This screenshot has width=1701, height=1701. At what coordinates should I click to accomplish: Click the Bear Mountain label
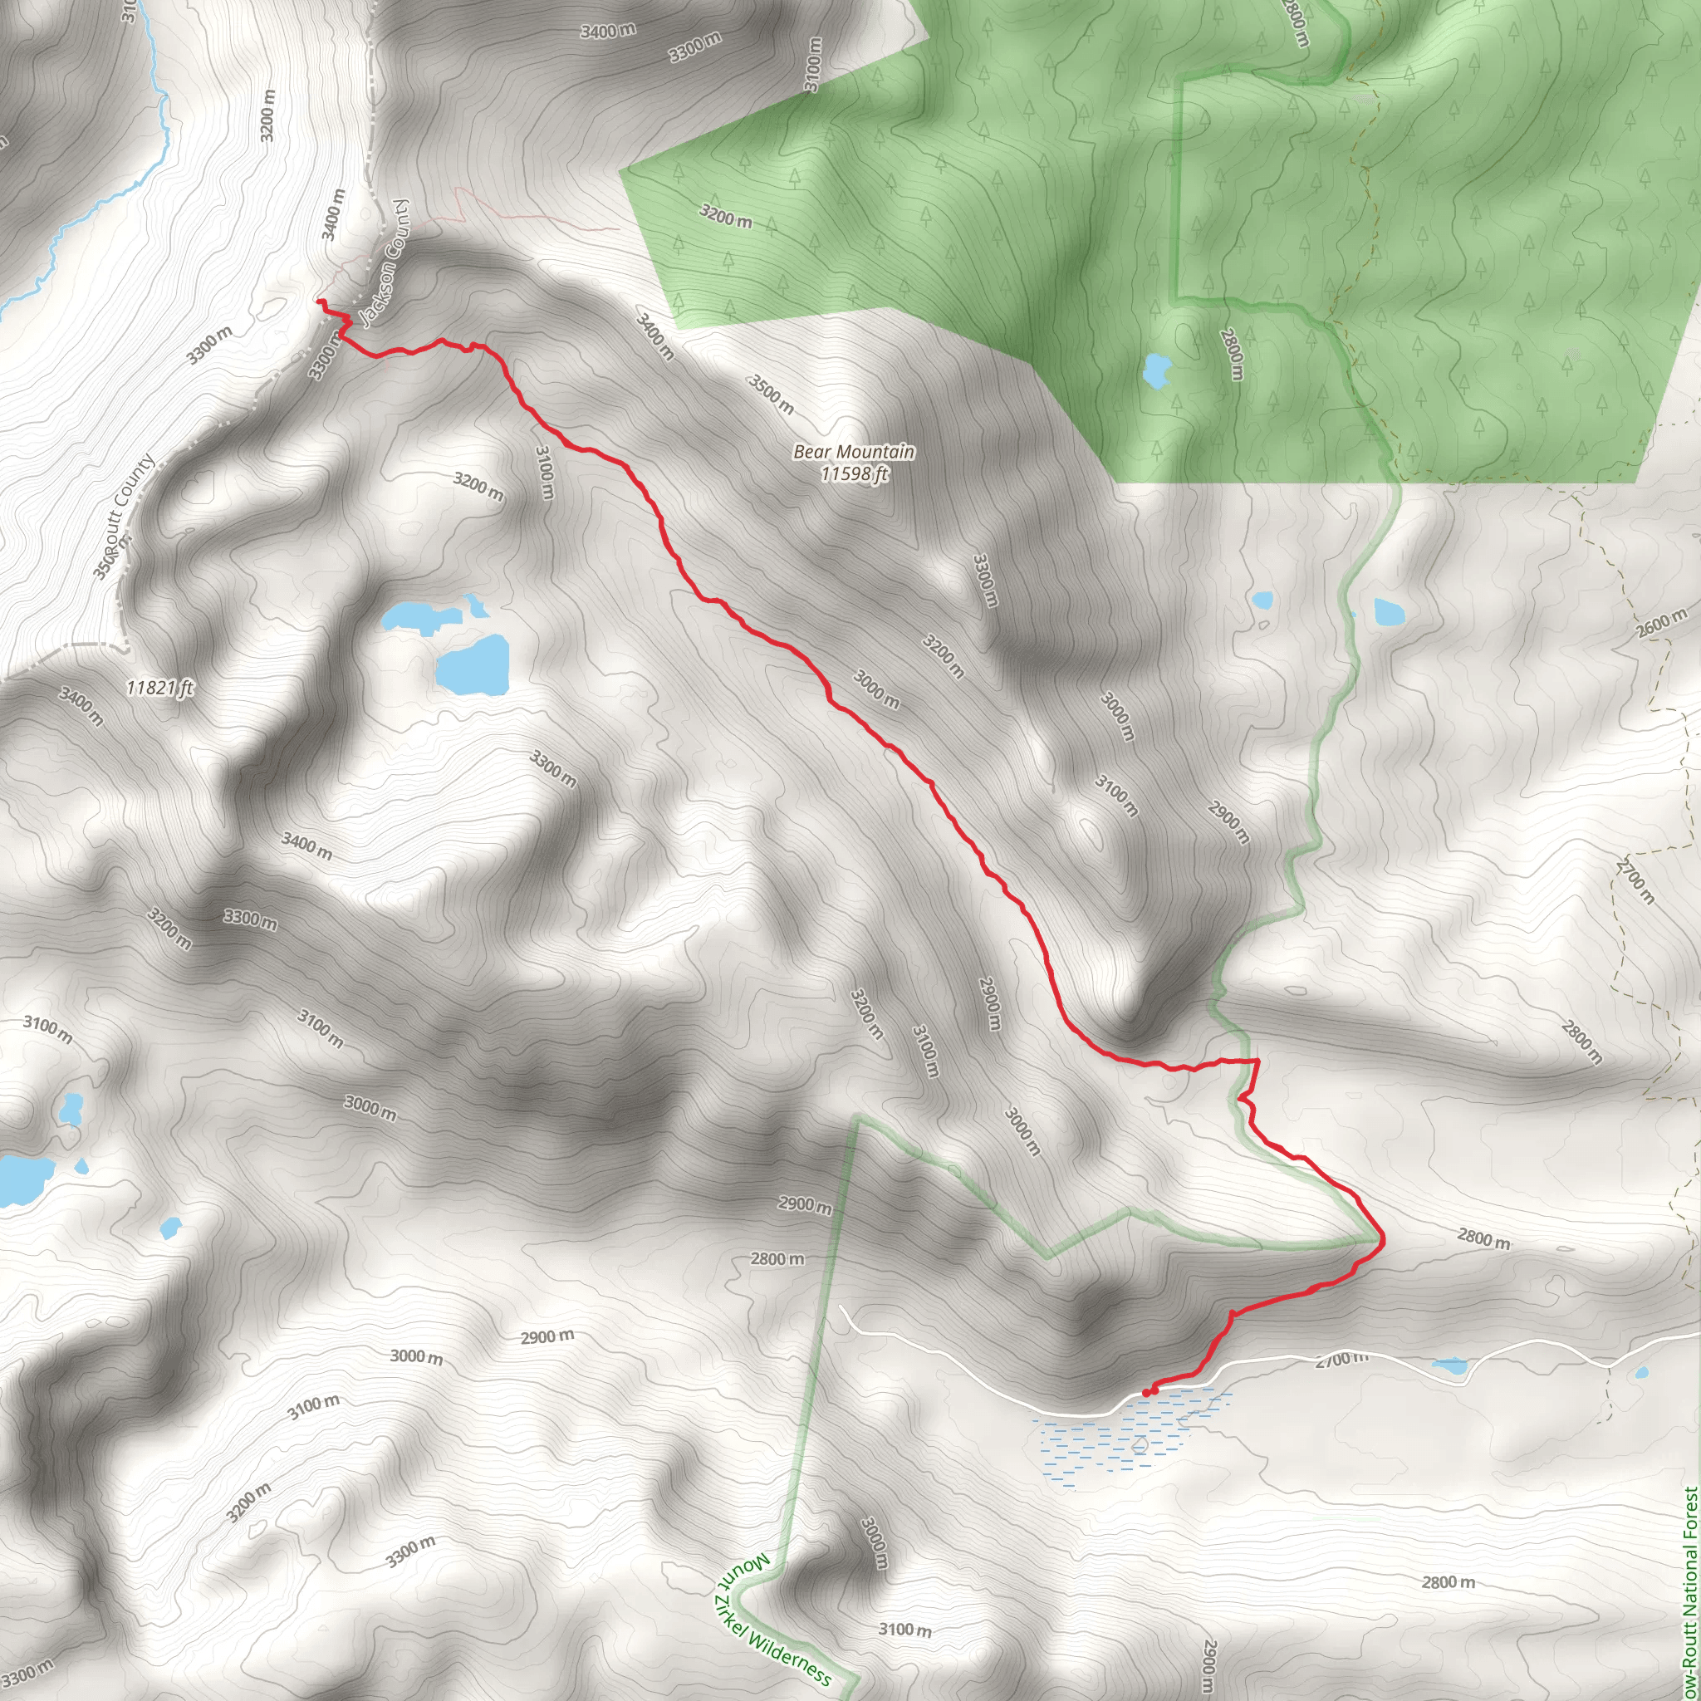(x=853, y=452)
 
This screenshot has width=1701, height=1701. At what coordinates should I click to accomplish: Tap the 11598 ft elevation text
(x=853, y=473)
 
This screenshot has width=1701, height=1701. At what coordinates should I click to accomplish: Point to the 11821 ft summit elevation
(x=159, y=688)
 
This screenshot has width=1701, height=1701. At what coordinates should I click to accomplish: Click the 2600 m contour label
(x=1661, y=624)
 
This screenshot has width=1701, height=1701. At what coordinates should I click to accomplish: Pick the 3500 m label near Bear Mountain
(x=772, y=394)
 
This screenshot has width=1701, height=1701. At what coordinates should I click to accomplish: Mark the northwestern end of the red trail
(x=319, y=302)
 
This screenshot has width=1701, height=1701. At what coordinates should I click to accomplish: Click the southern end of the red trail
(x=1146, y=1392)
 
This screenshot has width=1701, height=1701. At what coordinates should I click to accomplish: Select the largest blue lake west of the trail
(x=473, y=665)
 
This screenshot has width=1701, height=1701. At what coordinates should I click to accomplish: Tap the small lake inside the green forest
(x=1154, y=370)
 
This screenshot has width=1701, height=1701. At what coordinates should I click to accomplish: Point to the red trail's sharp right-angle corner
(x=1257, y=1061)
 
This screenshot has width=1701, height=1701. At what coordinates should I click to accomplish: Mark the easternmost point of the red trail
(x=1382, y=1240)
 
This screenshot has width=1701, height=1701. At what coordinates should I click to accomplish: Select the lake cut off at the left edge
(x=22, y=1179)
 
